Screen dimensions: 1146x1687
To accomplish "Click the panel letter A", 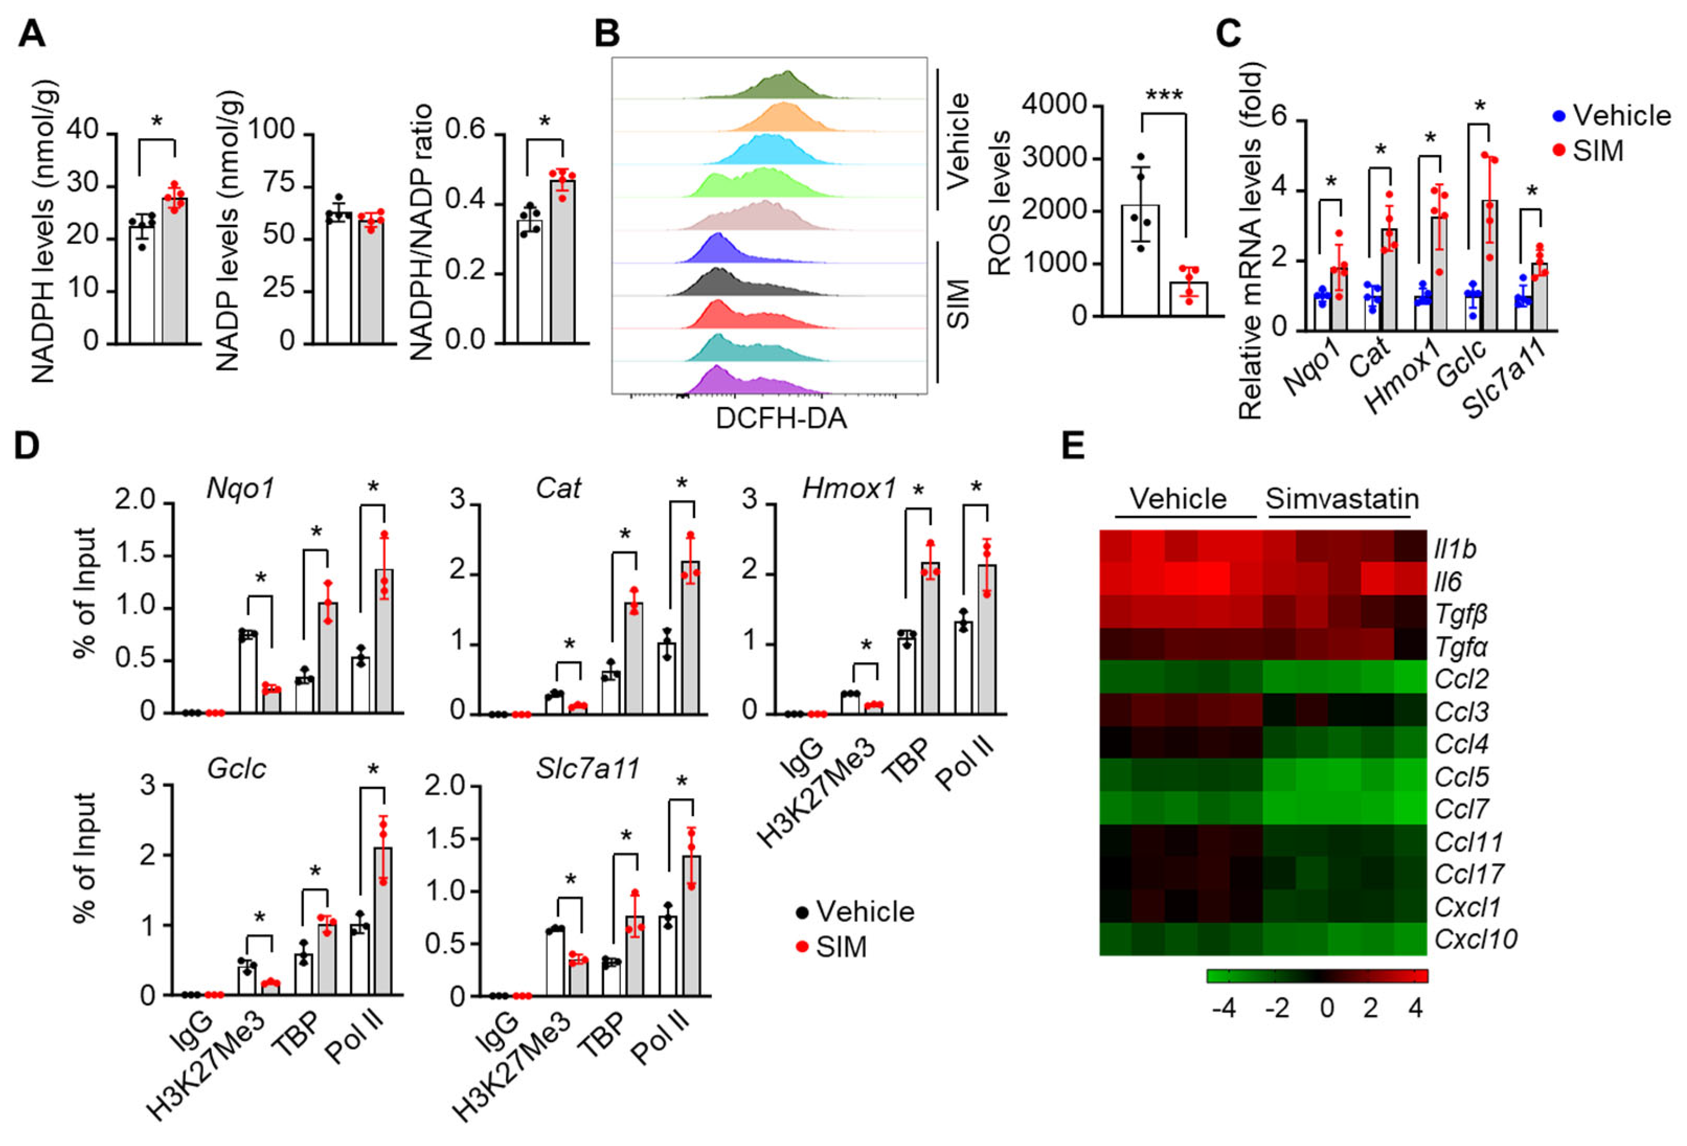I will [x=32, y=33].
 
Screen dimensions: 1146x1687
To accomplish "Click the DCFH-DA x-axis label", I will [x=781, y=419].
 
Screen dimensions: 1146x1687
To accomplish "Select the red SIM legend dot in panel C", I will [x=1558, y=151].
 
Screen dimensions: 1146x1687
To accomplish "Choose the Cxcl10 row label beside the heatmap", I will [x=1475, y=939].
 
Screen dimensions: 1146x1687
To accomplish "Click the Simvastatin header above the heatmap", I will [x=1341, y=500].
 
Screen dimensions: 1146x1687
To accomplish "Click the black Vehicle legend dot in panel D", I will [x=802, y=912].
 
